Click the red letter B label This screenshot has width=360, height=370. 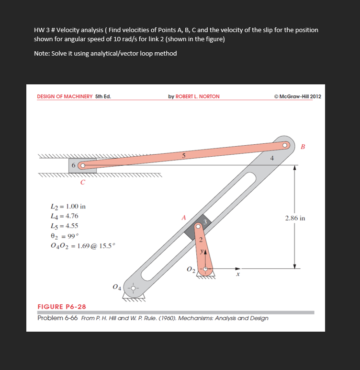302,147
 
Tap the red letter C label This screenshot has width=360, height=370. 83,182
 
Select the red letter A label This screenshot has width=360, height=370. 183,217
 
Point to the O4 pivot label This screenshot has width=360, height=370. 115,287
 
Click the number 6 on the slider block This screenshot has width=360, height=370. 74,166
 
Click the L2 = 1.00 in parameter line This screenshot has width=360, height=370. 68,207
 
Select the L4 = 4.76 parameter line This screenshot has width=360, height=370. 64,216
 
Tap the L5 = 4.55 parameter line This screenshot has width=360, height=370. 64,226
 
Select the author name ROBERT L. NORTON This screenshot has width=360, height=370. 194,96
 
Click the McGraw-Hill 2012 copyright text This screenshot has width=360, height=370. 297,96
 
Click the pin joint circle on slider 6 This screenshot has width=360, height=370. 82,166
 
